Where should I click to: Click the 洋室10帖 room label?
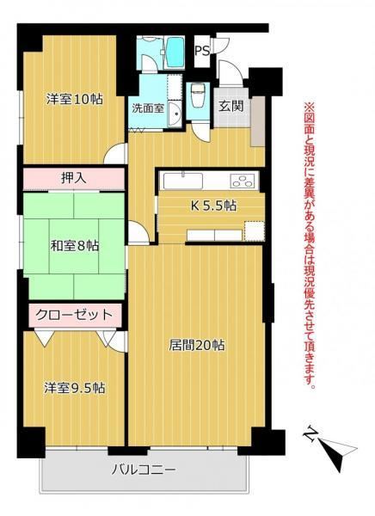(75, 99)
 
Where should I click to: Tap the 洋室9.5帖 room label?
(75, 388)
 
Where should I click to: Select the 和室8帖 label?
(75, 245)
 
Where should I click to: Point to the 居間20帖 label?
(197, 346)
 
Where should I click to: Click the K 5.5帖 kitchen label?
(213, 206)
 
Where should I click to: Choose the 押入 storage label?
(74, 178)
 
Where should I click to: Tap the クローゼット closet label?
(75, 315)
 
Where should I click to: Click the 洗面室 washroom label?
(148, 108)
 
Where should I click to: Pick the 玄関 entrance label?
(231, 106)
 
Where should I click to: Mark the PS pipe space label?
(202, 52)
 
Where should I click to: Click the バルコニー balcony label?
(144, 470)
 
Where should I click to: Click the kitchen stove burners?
(243, 181)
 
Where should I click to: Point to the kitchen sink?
(183, 181)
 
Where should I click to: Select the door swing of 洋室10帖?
(115, 154)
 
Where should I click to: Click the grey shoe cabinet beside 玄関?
(258, 121)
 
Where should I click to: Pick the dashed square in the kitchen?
(255, 230)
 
